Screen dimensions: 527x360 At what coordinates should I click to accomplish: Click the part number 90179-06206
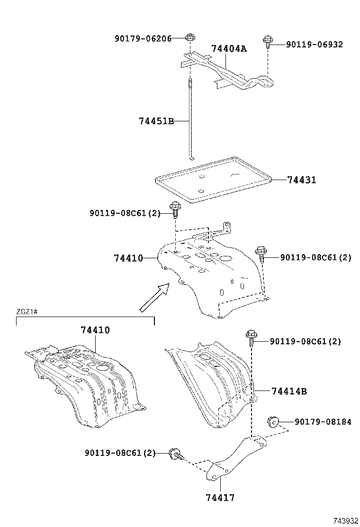click(x=143, y=38)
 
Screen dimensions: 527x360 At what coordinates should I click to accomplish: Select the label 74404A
click(x=229, y=49)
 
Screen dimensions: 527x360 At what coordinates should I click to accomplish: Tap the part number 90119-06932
click(x=315, y=45)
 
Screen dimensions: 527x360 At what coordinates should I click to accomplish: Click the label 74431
click(x=301, y=180)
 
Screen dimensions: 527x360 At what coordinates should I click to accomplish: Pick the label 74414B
click(x=289, y=391)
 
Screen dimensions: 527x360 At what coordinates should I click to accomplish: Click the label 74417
click(x=220, y=498)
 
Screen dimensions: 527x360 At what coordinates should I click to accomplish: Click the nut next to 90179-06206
click(x=189, y=37)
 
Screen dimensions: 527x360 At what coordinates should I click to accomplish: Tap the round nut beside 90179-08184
click(x=272, y=420)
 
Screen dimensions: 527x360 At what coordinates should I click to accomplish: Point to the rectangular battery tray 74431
click(x=213, y=180)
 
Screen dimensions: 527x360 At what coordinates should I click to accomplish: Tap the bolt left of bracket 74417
click(x=175, y=454)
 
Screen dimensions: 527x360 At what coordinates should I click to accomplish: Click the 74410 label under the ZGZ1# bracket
click(x=95, y=330)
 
